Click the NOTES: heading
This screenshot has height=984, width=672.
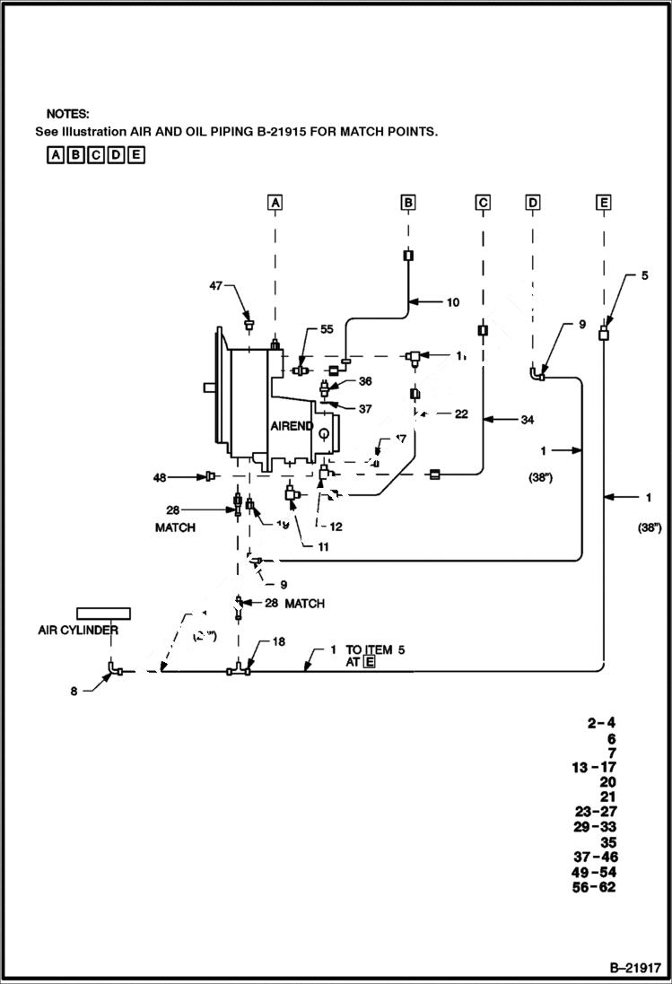(68, 114)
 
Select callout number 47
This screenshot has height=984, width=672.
(216, 285)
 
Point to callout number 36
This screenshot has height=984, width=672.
(365, 381)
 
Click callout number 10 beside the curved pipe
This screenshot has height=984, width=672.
(452, 302)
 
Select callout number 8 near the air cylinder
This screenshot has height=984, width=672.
(76, 691)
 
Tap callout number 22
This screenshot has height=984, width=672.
(461, 414)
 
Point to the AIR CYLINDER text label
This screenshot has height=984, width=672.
(78, 631)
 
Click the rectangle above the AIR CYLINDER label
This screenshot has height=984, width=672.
(103, 613)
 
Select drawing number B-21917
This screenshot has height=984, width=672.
(635, 968)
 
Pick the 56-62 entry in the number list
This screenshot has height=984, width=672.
(593, 888)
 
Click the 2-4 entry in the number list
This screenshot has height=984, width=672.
(601, 723)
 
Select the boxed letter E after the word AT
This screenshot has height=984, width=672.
(369, 662)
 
